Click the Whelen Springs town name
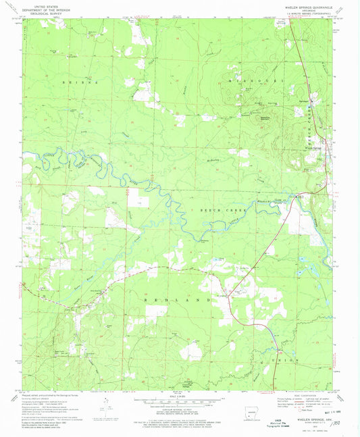pyautogui.click(x=313, y=148)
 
